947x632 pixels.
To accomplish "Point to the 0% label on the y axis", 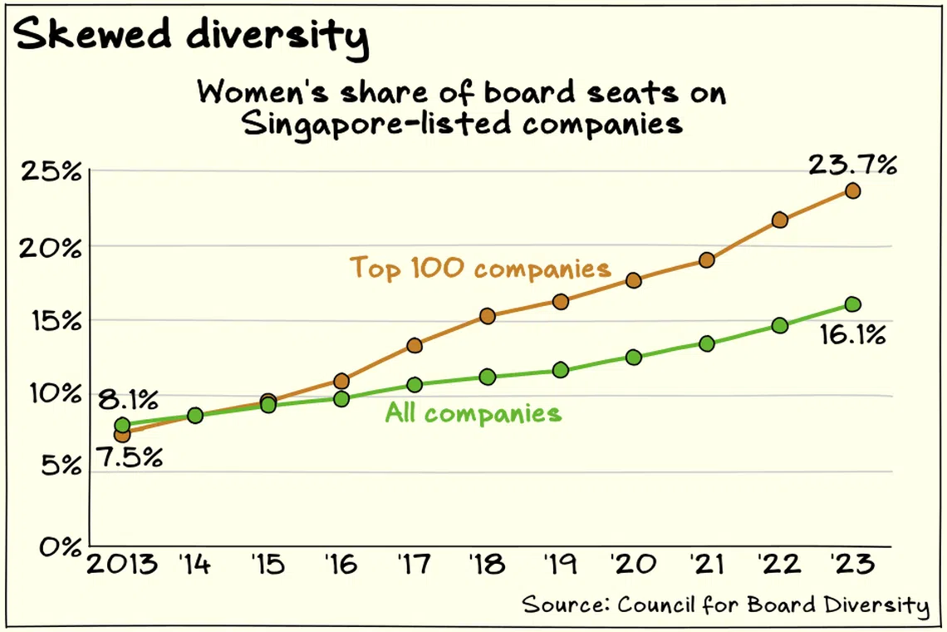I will [x=57, y=547].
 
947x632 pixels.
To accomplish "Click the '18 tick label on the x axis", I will [x=488, y=566].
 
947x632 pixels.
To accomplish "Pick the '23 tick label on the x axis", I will [x=852, y=566].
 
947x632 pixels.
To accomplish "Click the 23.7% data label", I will [x=852, y=165].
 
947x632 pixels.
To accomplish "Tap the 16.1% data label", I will [x=852, y=336].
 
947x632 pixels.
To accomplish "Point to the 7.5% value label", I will [x=127, y=458].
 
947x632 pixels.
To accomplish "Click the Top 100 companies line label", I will [x=480, y=268].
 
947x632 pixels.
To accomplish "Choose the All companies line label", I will [x=473, y=413].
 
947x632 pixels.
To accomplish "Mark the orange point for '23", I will [x=852, y=191].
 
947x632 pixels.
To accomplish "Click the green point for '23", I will [x=852, y=304].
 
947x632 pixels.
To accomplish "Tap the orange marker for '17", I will [x=415, y=345].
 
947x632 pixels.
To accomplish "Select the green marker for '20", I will [x=634, y=358].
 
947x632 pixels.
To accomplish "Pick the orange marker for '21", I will [x=707, y=260].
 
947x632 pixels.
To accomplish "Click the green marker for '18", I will [x=488, y=377].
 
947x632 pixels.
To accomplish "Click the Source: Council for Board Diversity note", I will [x=725, y=605].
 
